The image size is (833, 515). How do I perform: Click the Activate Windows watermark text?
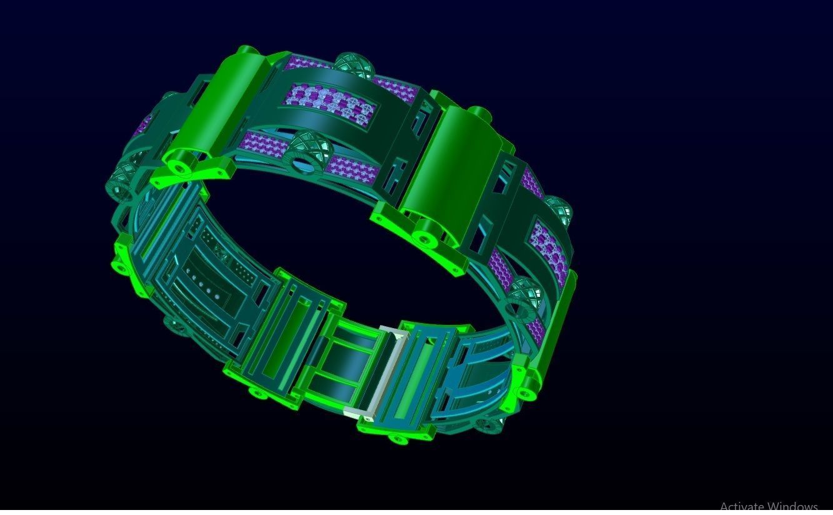(x=768, y=506)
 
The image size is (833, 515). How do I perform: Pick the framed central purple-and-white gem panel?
(x=331, y=103)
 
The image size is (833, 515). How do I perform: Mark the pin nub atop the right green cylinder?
(x=477, y=113)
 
